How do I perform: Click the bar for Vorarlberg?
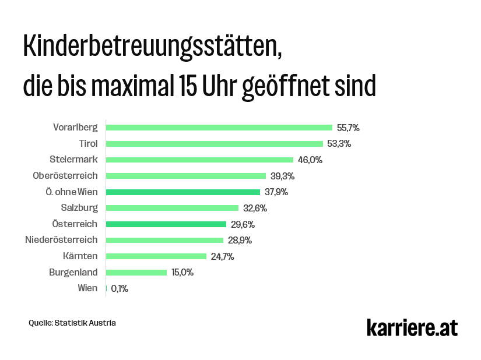tap(219, 127)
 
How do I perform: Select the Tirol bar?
tap(214, 143)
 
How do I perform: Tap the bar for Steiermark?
tap(199, 160)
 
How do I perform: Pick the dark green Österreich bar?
tap(166, 224)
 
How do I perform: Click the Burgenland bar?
tap(136, 272)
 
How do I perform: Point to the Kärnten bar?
tap(156, 256)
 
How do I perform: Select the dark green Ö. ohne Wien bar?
tap(182, 192)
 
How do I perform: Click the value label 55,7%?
tap(349, 127)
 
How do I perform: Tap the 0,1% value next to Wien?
tap(120, 288)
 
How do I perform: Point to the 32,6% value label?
tap(255, 208)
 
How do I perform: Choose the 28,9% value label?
tap(240, 240)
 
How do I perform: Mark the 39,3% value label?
tap(282, 176)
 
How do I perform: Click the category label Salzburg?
tap(79, 207)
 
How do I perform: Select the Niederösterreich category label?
tap(61, 239)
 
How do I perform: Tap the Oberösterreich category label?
tap(65, 175)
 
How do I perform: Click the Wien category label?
tap(87, 288)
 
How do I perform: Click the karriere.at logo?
tap(412, 327)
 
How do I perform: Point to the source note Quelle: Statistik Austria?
tap(72, 322)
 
